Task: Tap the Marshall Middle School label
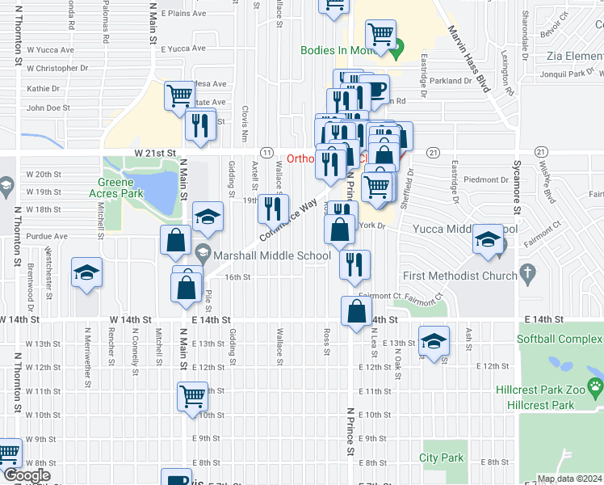(x=273, y=256)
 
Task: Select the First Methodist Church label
(x=459, y=276)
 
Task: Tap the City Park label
(x=442, y=458)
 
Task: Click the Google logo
(x=26, y=476)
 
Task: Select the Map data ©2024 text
(x=569, y=479)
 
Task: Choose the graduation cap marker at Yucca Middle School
(x=488, y=239)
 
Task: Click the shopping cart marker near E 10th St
(x=193, y=396)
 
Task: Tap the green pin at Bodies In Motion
(x=396, y=54)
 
